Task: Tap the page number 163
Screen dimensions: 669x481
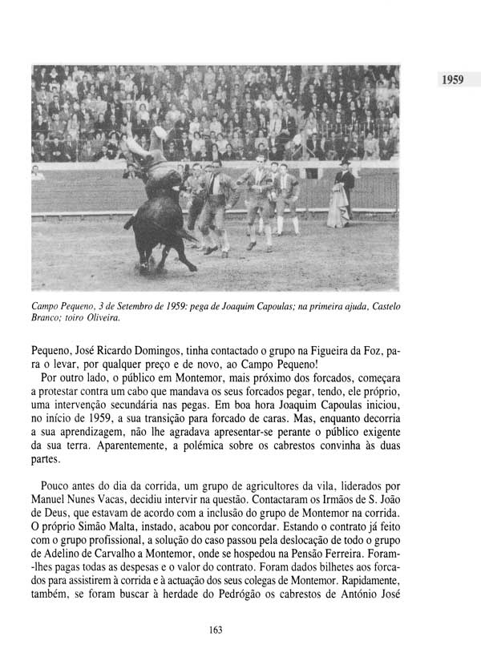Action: point(214,629)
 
